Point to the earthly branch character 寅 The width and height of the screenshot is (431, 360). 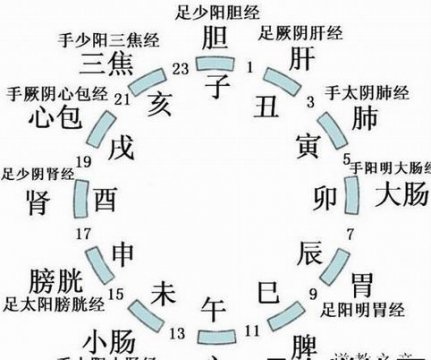(x=308, y=145)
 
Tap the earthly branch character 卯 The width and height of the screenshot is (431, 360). (x=326, y=196)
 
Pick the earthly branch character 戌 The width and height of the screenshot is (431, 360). (x=122, y=145)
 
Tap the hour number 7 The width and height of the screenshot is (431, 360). (x=349, y=236)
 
